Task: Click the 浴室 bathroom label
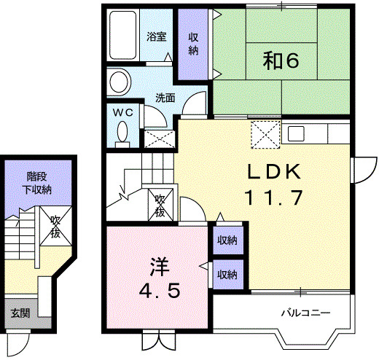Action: pyautogui.click(x=157, y=37)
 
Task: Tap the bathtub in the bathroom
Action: pyautogui.click(x=122, y=35)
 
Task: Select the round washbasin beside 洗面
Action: pyautogui.click(x=119, y=82)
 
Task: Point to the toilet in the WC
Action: pyautogui.click(x=122, y=135)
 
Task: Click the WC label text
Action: pyautogui.click(x=123, y=113)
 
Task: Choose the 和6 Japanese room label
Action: pyautogui.click(x=281, y=60)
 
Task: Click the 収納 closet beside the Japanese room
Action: pyautogui.click(x=193, y=44)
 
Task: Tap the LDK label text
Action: pyautogui.click(x=274, y=171)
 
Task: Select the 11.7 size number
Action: pyautogui.click(x=275, y=197)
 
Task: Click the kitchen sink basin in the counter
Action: pyautogui.click(x=296, y=133)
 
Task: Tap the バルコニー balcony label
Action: pyautogui.click(x=305, y=313)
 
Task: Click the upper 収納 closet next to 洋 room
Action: pyautogui.click(x=227, y=240)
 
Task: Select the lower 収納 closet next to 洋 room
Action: pyautogui.click(x=227, y=275)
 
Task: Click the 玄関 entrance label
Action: pyautogui.click(x=20, y=313)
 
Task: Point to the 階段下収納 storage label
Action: pyautogui.click(x=37, y=183)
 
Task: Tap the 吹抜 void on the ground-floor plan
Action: pyautogui.click(x=55, y=226)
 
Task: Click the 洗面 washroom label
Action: pyautogui.click(x=165, y=98)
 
